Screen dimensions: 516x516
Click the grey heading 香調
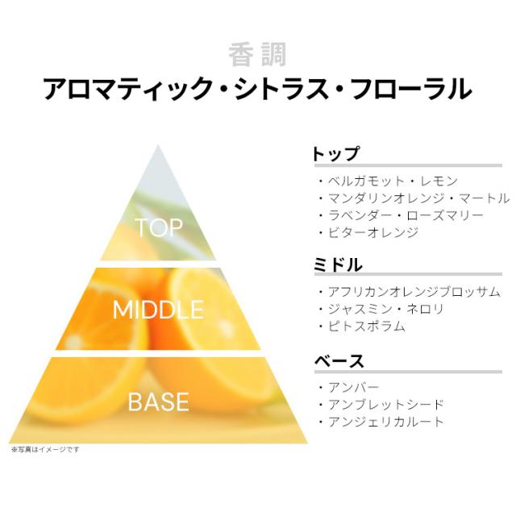tap(257, 55)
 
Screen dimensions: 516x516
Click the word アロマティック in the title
tap(128, 89)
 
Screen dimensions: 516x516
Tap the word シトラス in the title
tap(281, 89)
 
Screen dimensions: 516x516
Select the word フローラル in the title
tap(411, 89)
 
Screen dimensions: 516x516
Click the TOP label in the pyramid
tap(159, 227)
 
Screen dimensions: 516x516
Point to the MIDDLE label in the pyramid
tap(158, 310)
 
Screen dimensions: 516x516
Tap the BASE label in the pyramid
tap(158, 402)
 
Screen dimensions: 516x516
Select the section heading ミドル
tap(338, 265)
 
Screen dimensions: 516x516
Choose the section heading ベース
tap(339, 361)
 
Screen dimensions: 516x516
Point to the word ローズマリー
tap(445, 215)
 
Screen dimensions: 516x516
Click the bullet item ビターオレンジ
tap(373, 232)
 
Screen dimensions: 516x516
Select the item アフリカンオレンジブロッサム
tap(414, 292)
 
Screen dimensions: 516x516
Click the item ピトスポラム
tap(367, 326)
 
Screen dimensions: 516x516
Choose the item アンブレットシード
tap(386, 405)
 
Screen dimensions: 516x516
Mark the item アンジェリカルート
tap(386, 422)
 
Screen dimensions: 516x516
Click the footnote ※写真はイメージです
tap(45, 449)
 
